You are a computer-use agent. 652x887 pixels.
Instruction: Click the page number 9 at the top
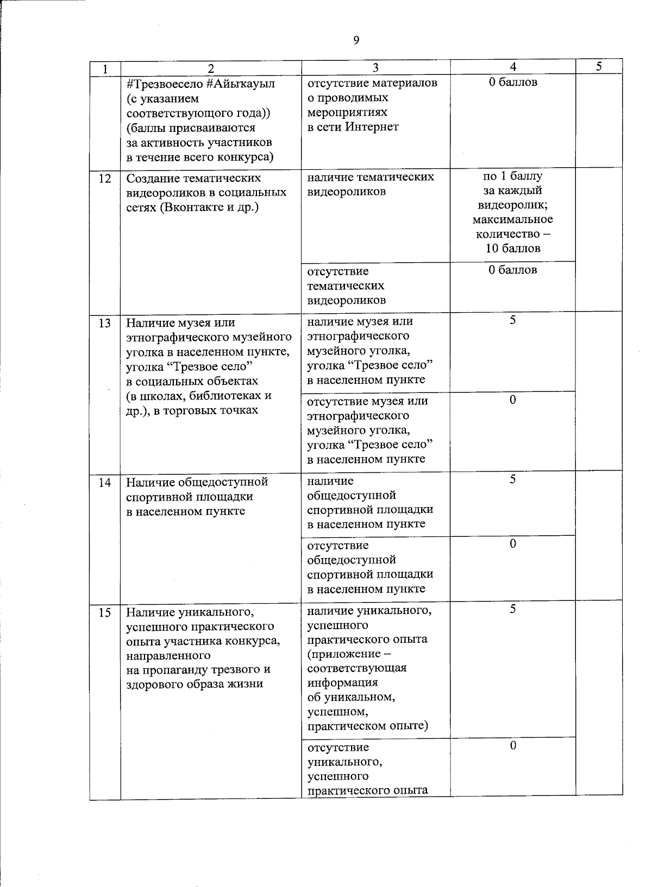point(356,40)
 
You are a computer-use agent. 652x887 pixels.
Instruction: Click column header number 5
point(599,67)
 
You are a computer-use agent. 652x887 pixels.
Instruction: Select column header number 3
point(375,67)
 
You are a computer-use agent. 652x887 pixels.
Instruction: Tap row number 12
point(105,178)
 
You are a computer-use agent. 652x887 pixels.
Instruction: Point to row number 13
point(105,323)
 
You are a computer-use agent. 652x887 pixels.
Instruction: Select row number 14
point(105,482)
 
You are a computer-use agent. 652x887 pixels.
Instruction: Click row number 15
point(105,613)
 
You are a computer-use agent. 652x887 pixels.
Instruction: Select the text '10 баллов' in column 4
point(513,249)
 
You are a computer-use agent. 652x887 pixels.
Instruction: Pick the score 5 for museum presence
point(512,320)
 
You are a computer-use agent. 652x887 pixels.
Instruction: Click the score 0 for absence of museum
point(512,400)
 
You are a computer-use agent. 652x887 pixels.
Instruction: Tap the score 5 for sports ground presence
point(512,479)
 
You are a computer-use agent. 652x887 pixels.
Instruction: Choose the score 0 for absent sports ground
point(512,543)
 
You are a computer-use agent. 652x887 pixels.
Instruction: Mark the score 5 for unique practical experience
point(512,609)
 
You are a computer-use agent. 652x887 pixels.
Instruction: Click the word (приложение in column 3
point(341,654)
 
